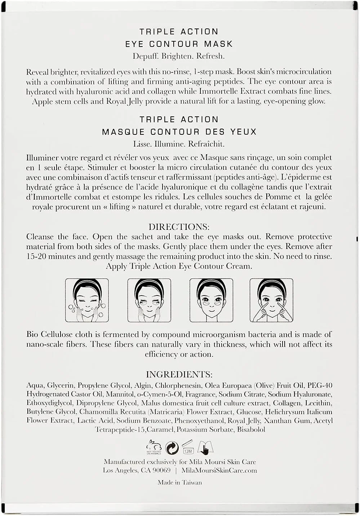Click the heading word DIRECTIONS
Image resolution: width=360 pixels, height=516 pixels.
(x=179, y=227)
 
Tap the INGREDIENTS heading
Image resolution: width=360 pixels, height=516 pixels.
(x=179, y=374)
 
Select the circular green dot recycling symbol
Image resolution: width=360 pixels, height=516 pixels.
(x=172, y=448)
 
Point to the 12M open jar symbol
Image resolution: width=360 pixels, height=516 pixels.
(x=188, y=447)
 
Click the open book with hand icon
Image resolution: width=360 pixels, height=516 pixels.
(x=205, y=448)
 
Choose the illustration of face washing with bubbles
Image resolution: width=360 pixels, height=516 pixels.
(x=87, y=300)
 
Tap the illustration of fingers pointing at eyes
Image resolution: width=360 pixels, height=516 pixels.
(x=271, y=300)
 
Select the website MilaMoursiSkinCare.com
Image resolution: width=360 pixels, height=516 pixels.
(x=219, y=470)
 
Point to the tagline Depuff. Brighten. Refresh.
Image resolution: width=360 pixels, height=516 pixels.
(x=179, y=56)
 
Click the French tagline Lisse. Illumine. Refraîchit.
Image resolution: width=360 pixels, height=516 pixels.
(x=179, y=144)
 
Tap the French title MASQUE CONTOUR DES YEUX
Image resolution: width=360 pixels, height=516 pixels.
(x=179, y=132)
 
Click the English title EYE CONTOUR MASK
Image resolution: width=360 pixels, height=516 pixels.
(x=179, y=44)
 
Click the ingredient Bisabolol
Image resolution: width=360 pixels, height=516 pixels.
(x=251, y=430)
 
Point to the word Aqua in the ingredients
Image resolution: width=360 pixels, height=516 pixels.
(x=35, y=386)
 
